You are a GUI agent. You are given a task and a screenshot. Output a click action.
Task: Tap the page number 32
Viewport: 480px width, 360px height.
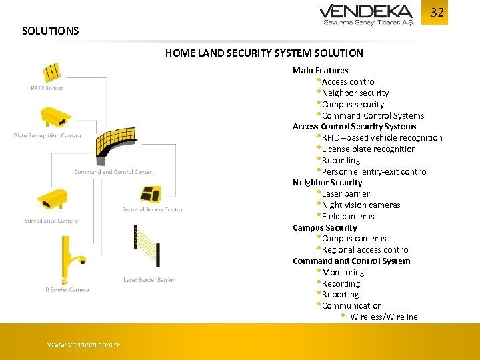(x=437, y=13)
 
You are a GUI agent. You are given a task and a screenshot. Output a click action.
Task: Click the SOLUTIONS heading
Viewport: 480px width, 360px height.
(x=50, y=31)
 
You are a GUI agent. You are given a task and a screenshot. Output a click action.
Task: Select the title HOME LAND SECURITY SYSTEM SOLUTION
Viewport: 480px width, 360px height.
(x=264, y=53)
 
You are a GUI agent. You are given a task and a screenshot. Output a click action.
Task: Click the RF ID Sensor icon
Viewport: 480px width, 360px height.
(x=52, y=72)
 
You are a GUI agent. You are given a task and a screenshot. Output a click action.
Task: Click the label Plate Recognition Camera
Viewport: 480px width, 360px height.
(x=47, y=136)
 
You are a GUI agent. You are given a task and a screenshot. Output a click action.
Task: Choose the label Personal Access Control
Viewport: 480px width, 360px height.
(x=153, y=209)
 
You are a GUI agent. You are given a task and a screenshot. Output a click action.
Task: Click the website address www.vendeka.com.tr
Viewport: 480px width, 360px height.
(x=83, y=345)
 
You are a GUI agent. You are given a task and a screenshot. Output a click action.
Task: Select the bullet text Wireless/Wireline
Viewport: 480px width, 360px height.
(x=383, y=317)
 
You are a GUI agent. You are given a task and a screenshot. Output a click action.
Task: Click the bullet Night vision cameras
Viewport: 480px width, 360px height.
(x=361, y=205)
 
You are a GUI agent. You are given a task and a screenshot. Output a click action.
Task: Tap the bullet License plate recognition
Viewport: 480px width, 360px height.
(x=369, y=149)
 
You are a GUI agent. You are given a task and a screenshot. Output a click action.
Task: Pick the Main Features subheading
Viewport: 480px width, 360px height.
(x=320, y=70)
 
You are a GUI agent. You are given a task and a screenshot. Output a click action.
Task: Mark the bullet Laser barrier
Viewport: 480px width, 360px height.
(x=346, y=193)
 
